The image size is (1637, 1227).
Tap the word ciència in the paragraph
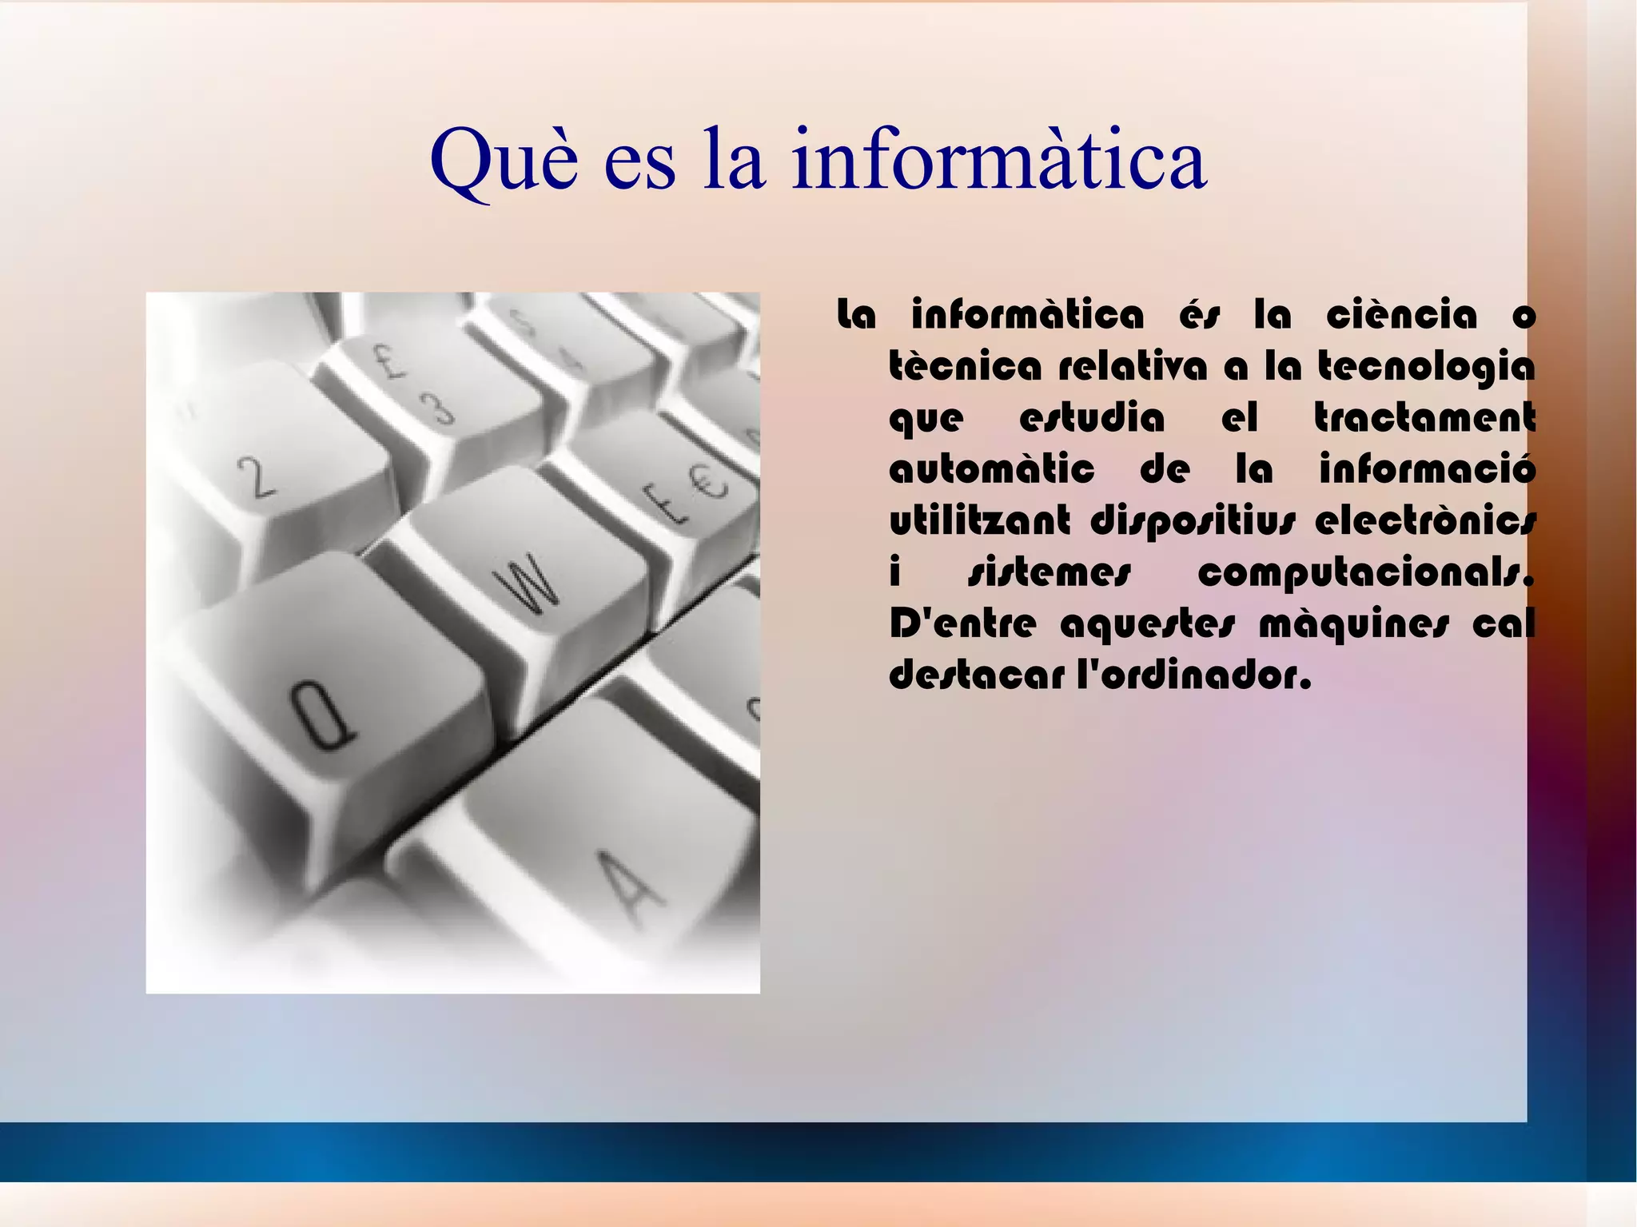coord(1401,315)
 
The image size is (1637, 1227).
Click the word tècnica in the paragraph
coord(966,367)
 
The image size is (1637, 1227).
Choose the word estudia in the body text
coord(1092,418)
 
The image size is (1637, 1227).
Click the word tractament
coord(1424,418)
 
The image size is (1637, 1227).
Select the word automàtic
coord(991,469)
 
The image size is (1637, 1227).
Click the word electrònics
coord(1424,520)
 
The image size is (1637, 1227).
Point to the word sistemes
coord(1050,572)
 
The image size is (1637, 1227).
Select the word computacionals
coord(1365,572)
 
